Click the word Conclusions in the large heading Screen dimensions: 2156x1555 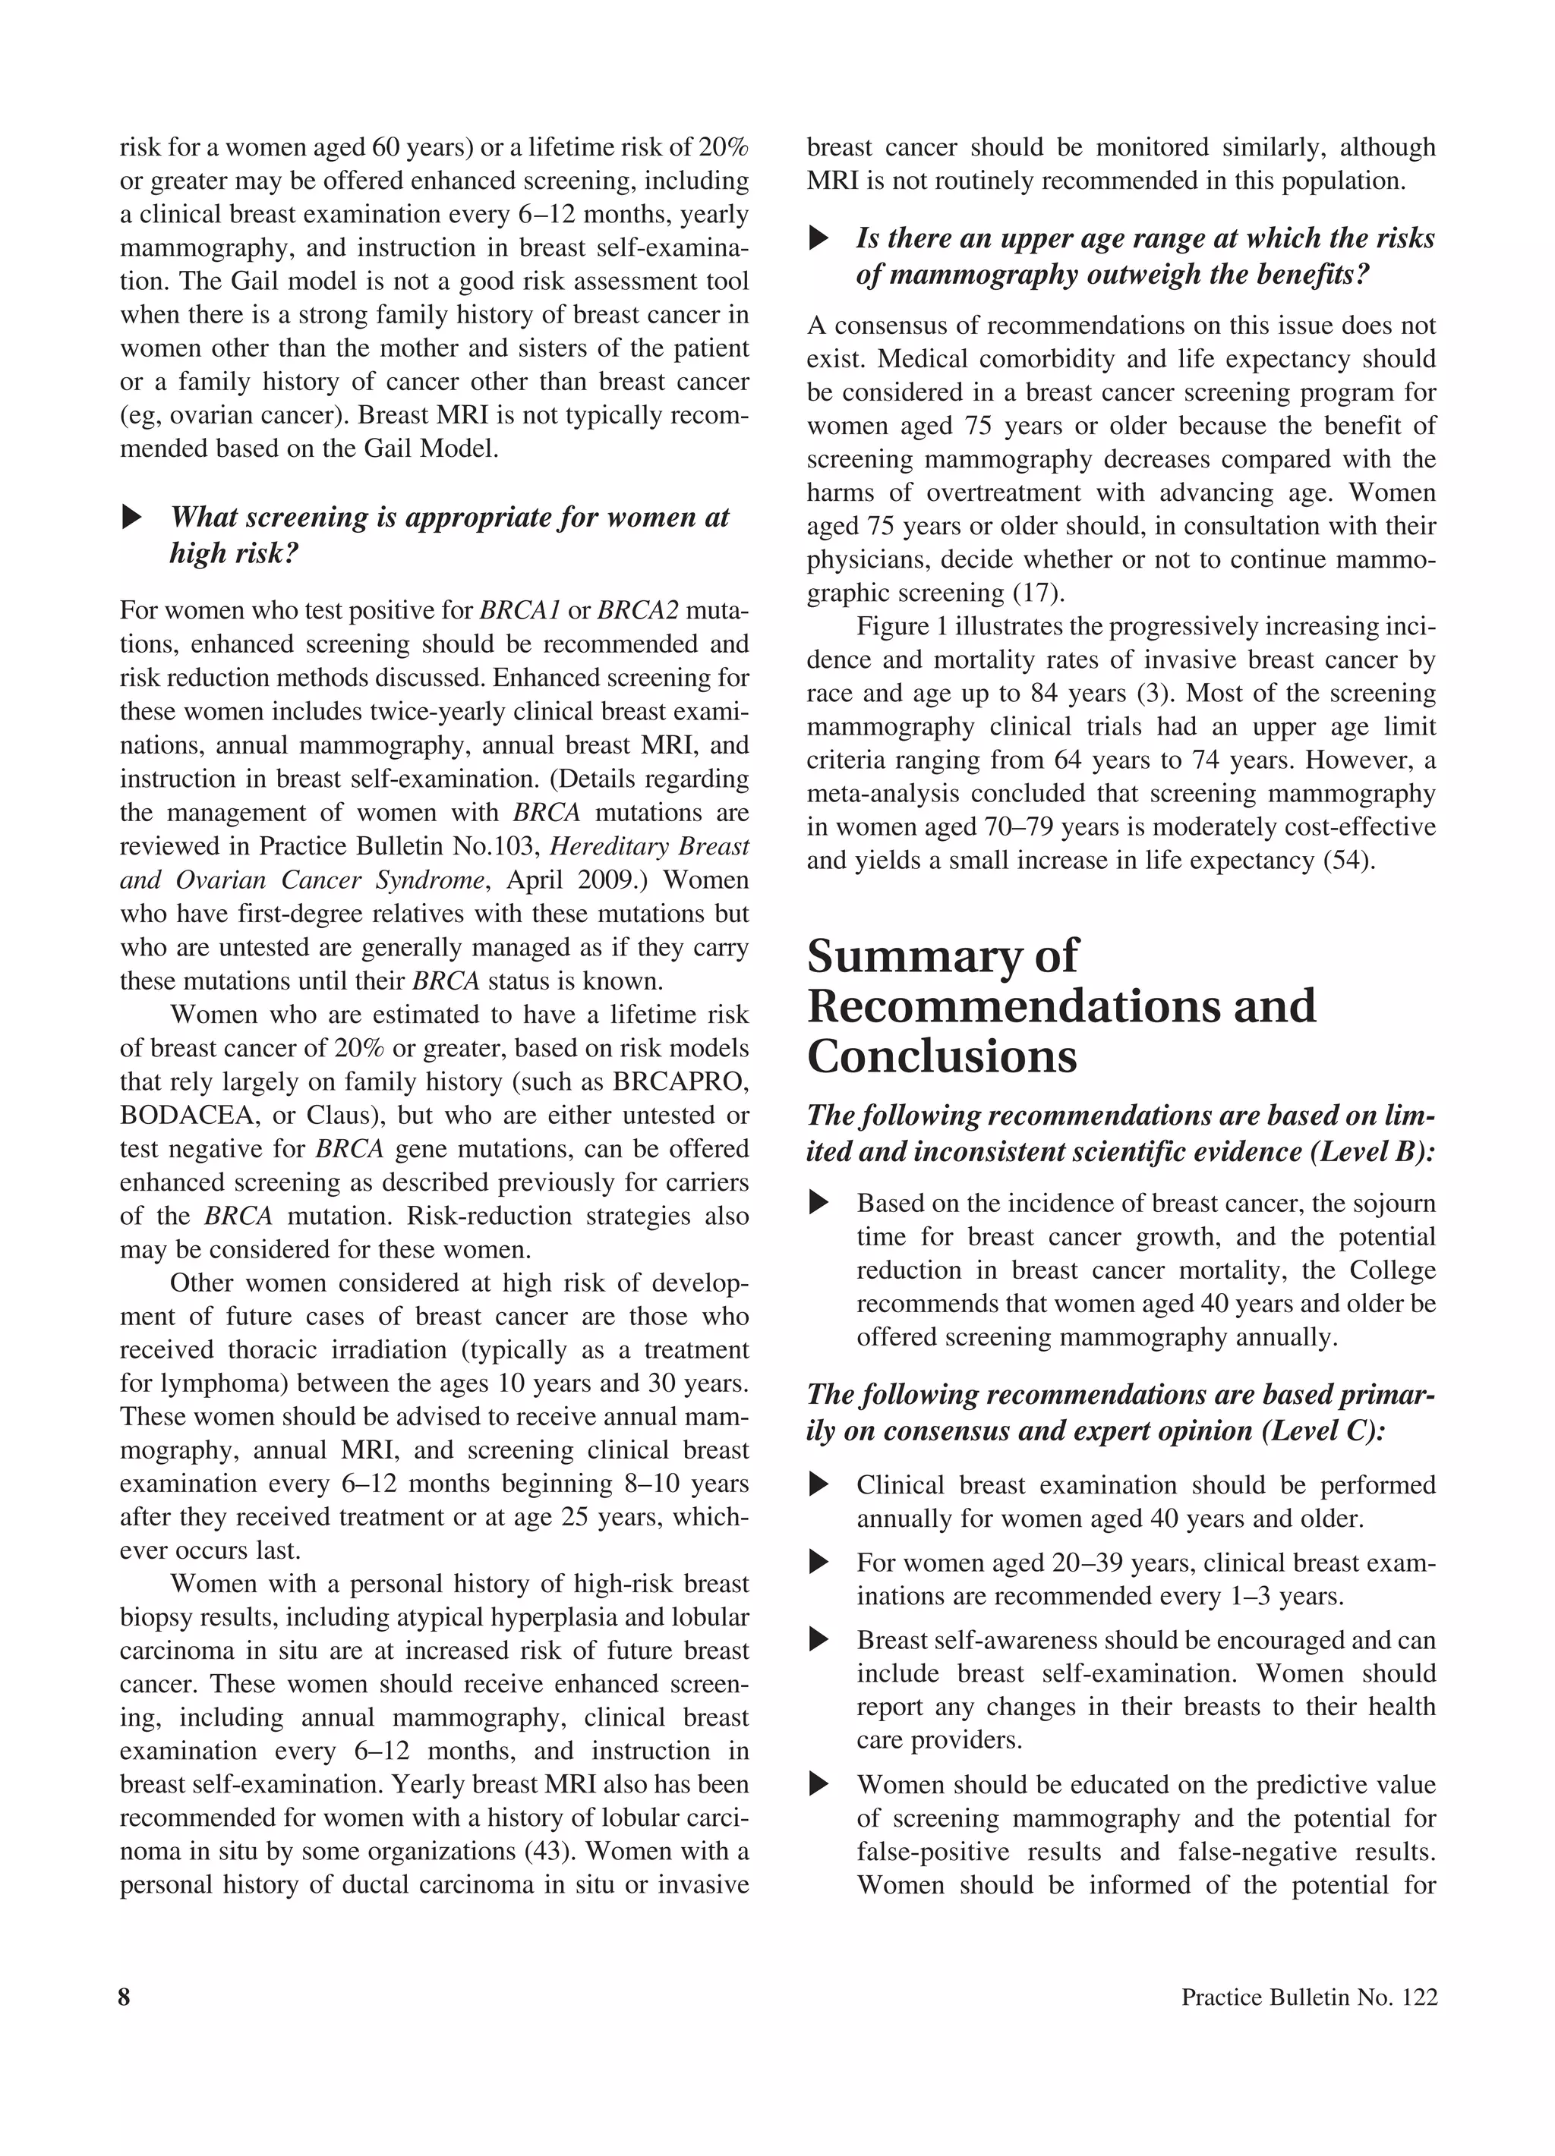pos(942,1056)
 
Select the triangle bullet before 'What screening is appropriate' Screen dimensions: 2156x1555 pos(132,518)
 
